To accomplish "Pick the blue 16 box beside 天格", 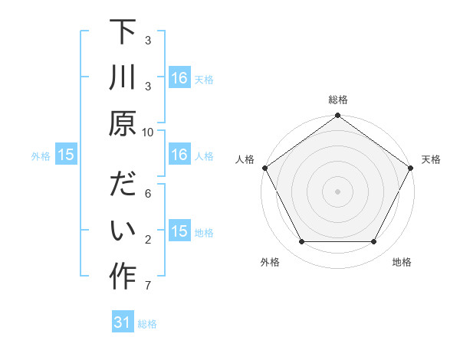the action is coord(179,77).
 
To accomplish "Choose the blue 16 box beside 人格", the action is coord(179,155).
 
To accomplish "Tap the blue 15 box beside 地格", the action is coord(179,232).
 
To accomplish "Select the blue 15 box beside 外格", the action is coord(66,155).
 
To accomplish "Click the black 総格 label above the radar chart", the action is coord(337,100).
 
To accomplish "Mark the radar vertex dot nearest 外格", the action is coord(301,242).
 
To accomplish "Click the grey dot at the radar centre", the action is coord(337,191).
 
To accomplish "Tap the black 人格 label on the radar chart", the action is coord(245,159).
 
